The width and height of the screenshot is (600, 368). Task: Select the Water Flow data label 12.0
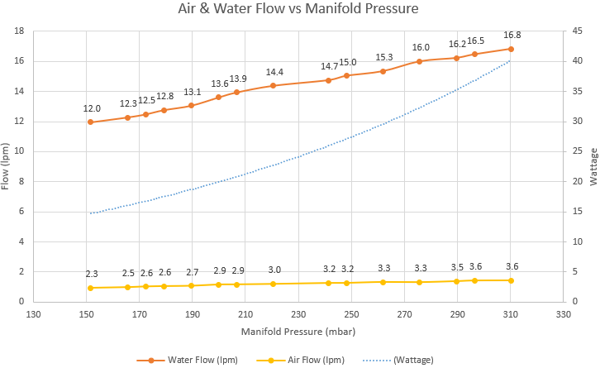click(91, 108)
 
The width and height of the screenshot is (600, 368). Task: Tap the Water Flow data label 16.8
click(512, 35)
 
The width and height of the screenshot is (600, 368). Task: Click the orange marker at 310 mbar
click(511, 49)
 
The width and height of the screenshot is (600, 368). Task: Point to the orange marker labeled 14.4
click(273, 85)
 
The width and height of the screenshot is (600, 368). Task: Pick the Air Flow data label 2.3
click(91, 274)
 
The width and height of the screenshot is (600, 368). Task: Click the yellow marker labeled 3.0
click(273, 284)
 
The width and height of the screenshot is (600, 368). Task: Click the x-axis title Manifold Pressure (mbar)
click(298, 332)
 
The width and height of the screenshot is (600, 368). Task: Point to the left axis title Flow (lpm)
click(7, 166)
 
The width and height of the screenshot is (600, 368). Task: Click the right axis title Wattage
click(592, 166)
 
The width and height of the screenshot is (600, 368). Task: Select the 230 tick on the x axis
click(298, 315)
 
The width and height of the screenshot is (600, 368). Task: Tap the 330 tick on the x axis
click(564, 315)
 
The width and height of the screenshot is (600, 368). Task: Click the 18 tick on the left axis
click(18, 31)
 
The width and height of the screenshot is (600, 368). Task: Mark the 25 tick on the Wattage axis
click(578, 151)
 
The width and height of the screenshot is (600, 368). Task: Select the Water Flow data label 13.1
click(192, 93)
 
